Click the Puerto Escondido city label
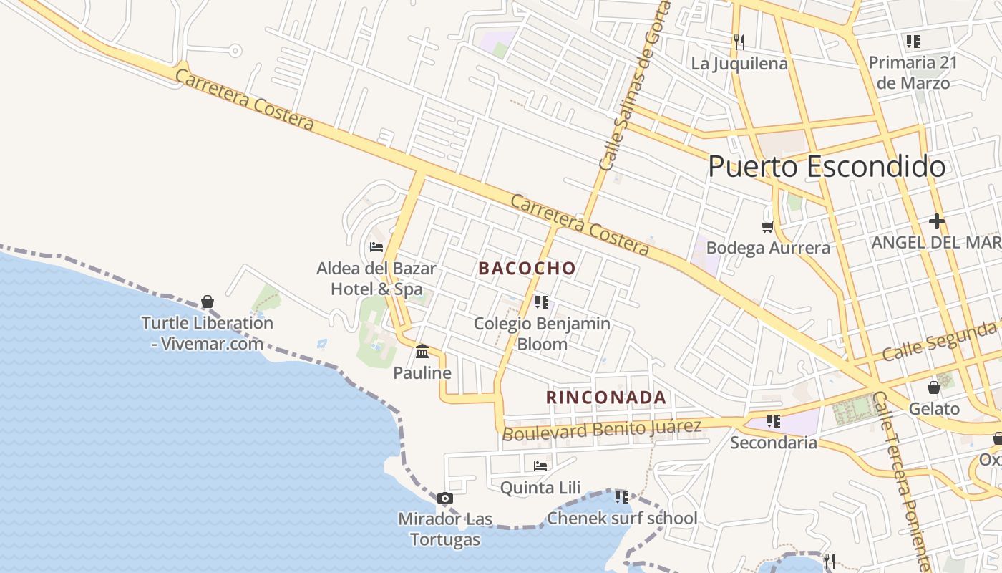826,167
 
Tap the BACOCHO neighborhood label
527,269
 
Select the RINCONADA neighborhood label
606,398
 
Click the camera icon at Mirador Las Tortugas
444,498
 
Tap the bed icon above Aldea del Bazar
376,247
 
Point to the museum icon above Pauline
422,352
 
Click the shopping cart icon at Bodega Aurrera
768,227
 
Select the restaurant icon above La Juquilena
739,42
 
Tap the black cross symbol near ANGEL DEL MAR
937,221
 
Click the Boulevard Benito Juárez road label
601,430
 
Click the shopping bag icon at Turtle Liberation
208,302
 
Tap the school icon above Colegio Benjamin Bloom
542,302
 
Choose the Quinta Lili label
540,488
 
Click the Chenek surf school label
621,518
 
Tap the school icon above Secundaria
773,421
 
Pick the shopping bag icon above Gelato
933,387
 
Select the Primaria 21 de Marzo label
913,72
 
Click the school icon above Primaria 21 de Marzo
913,42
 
